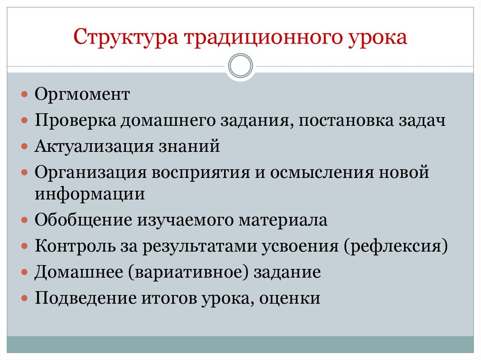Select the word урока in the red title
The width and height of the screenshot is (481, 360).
tap(379, 38)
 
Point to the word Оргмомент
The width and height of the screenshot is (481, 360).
tap(82, 95)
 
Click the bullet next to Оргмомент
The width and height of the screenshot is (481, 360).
tap(25, 95)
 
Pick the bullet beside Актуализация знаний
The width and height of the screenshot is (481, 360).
tap(25, 146)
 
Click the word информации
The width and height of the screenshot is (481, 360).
tap(89, 193)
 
